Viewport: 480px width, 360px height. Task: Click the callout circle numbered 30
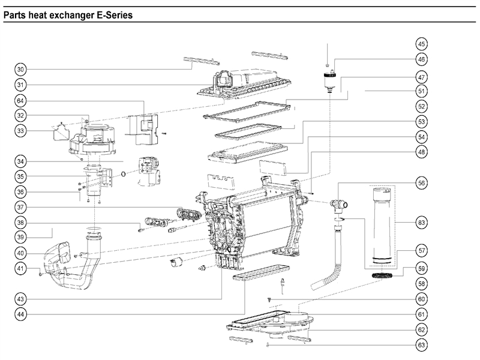click(x=21, y=68)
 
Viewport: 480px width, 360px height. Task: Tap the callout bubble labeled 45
click(x=422, y=44)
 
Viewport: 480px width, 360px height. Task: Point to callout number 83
click(x=422, y=222)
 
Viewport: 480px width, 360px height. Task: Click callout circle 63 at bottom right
click(x=422, y=345)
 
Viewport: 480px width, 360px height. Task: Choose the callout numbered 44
click(x=21, y=314)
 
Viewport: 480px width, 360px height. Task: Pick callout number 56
click(x=422, y=182)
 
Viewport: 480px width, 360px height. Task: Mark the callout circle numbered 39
click(x=21, y=237)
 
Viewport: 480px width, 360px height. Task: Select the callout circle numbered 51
click(x=422, y=91)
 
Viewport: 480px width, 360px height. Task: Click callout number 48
click(x=422, y=152)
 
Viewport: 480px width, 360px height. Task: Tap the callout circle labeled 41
click(x=21, y=268)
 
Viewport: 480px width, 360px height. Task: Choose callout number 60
click(x=422, y=299)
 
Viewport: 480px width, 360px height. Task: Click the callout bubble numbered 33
click(x=21, y=130)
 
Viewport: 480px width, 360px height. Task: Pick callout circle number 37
click(x=21, y=206)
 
